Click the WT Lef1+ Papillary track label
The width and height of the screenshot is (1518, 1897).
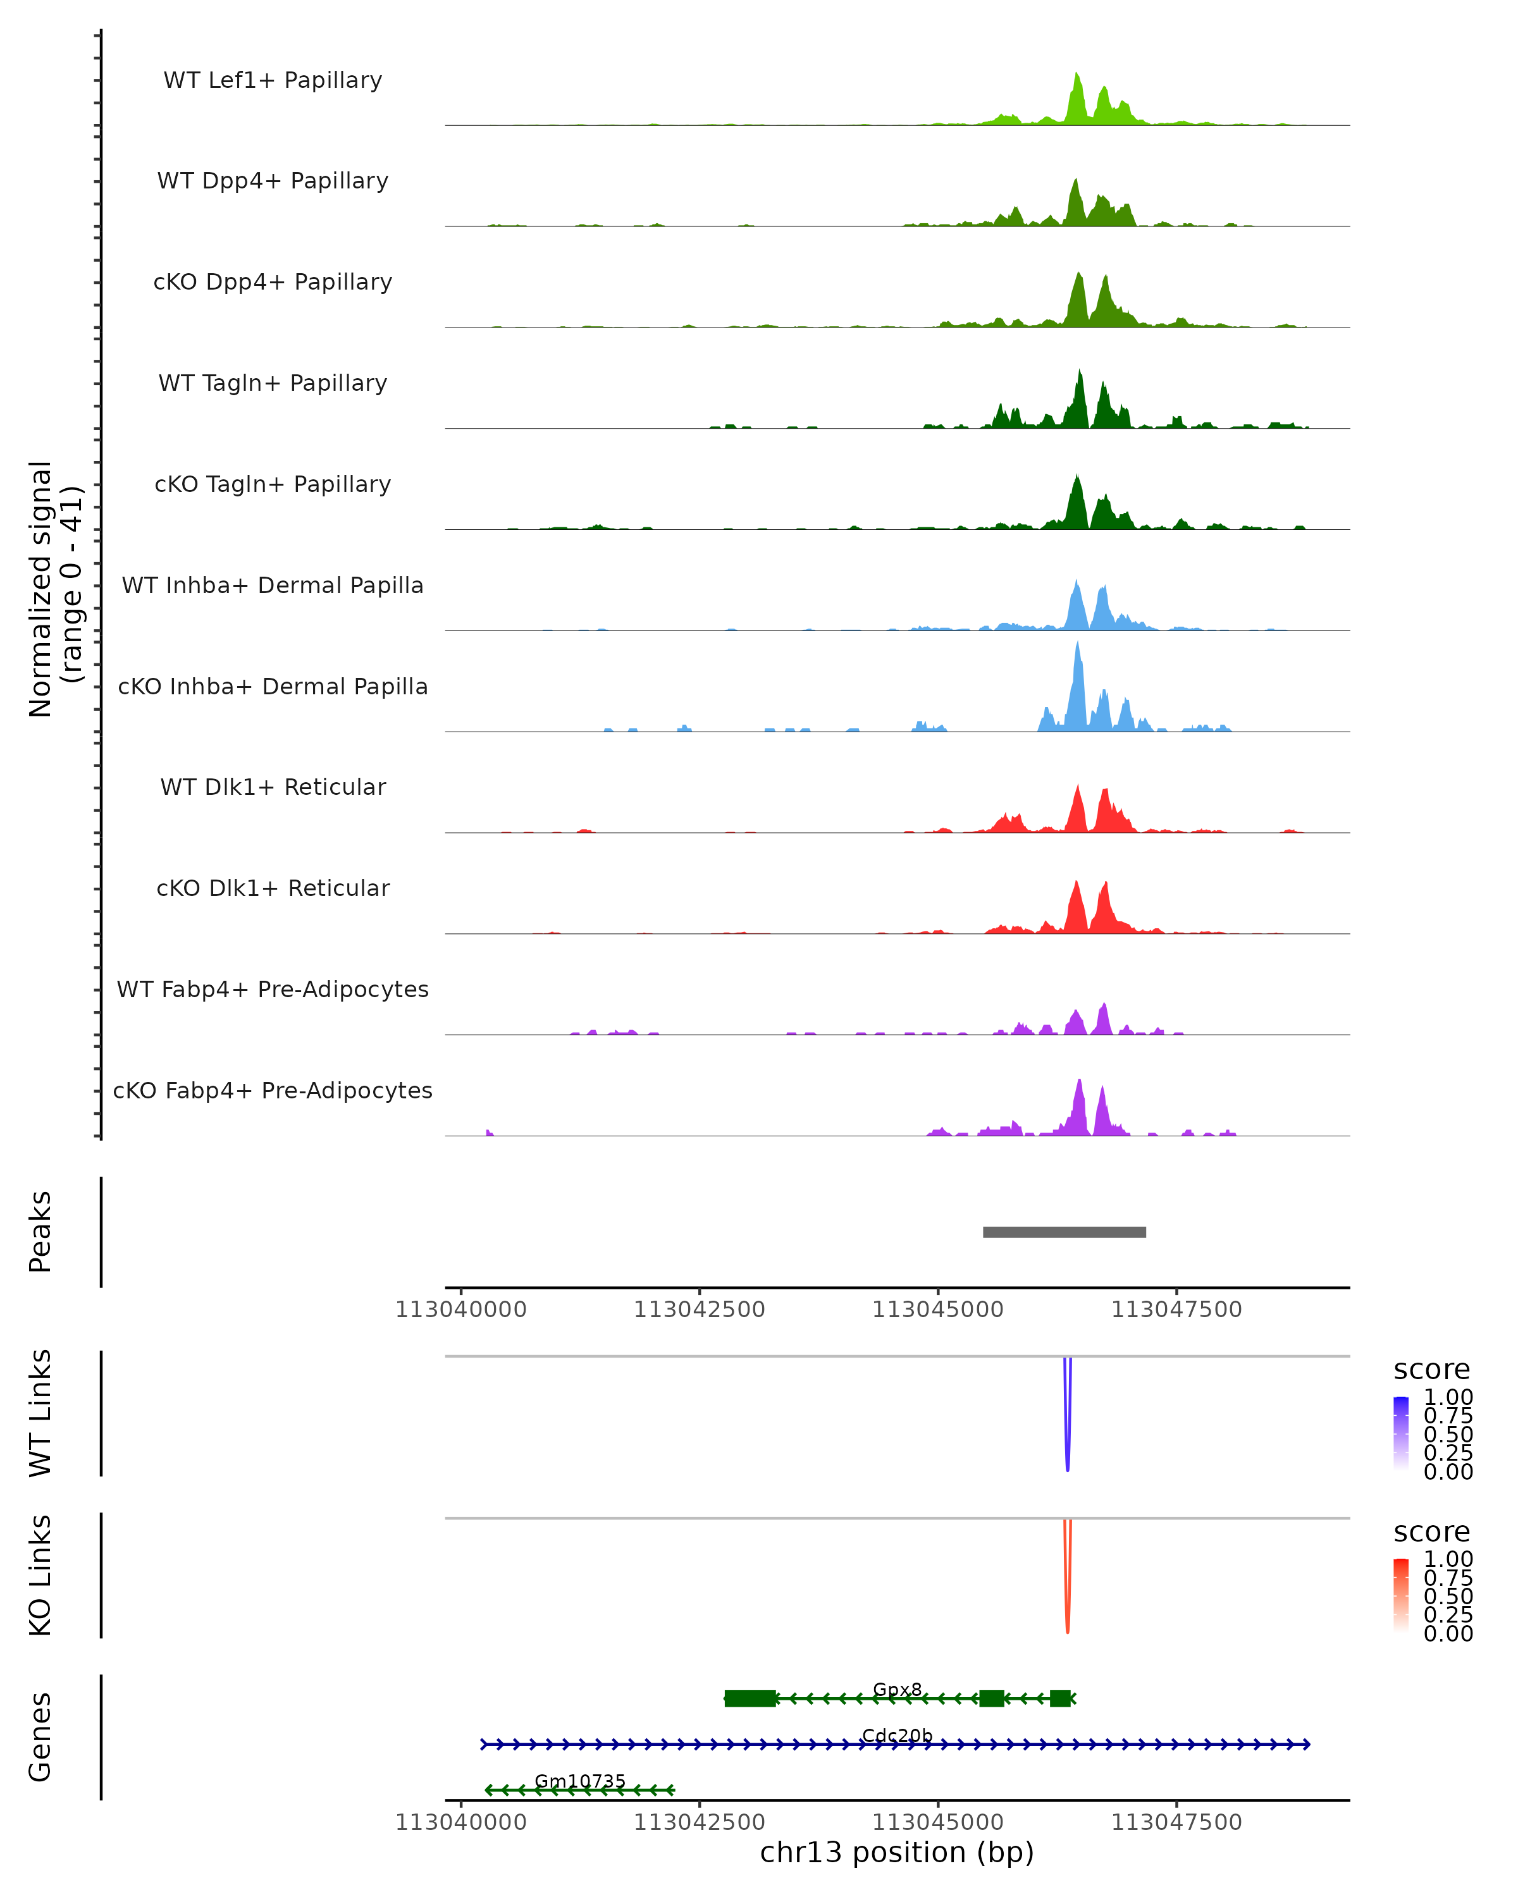pyautogui.click(x=273, y=80)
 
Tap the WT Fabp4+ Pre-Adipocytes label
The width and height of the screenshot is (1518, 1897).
pyautogui.click(x=273, y=989)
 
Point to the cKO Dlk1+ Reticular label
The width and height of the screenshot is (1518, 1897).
pyautogui.click(x=273, y=888)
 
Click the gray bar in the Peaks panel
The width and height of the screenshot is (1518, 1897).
pyautogui.click(x=1064, y=1232)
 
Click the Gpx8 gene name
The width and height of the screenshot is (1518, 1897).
pyautogui.click(x=897, y=1690)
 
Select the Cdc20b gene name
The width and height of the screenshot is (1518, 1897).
pyautogui.click(x=897, y=1735)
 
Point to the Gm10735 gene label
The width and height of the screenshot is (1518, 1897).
pyautogui.click(x=580, y=1781)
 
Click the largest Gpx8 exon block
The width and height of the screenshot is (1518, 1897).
pyautogui.click(x=750, y=1698)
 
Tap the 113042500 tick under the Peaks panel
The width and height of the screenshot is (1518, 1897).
pyautogui.click(x=700, y=1310)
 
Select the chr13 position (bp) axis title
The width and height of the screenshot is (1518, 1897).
pyautogui.click(x=897, y=1852)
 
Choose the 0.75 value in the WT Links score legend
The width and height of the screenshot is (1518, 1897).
pyautogui.click(x=1448, y=1416)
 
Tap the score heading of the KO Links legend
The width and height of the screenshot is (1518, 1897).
pyautogui.click(x=1432, y=1532)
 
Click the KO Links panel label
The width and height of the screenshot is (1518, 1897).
pyautogui.click(x=40, y=1575)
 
